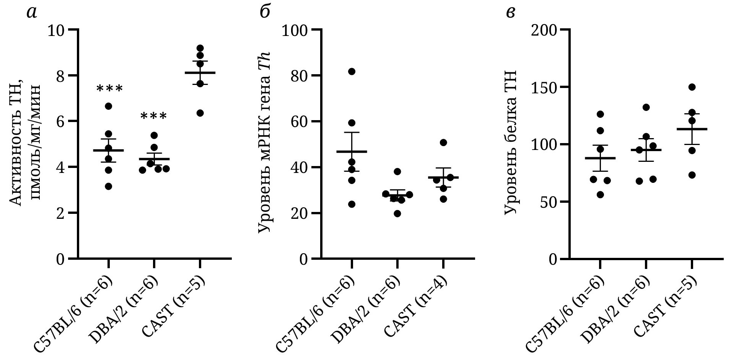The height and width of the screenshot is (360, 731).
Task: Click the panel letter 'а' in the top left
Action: click(x=32, y=13)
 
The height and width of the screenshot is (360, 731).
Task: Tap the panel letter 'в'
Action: click(x=511, y=13)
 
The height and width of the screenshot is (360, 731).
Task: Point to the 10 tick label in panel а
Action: click(x=57, y=30)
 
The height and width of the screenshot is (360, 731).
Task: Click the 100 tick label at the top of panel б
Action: click(x=295, y=30)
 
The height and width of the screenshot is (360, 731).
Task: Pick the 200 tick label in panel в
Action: click(x=544, y=30)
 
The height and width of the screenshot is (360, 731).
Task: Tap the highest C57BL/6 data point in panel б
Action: click(x=352, y=72)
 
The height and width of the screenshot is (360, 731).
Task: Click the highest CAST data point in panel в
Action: click(x=692, y=87)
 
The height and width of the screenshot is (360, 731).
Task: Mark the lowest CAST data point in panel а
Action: click(x=200, y=113)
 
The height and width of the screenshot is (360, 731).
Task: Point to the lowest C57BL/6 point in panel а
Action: click(x=108, y=186)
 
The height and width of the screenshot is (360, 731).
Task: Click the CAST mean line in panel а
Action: click(x=200, y=73)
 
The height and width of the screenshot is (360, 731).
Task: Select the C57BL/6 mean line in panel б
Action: click(x=352, y=151)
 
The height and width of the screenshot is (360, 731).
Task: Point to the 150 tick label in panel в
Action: click(x=544, y=88)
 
